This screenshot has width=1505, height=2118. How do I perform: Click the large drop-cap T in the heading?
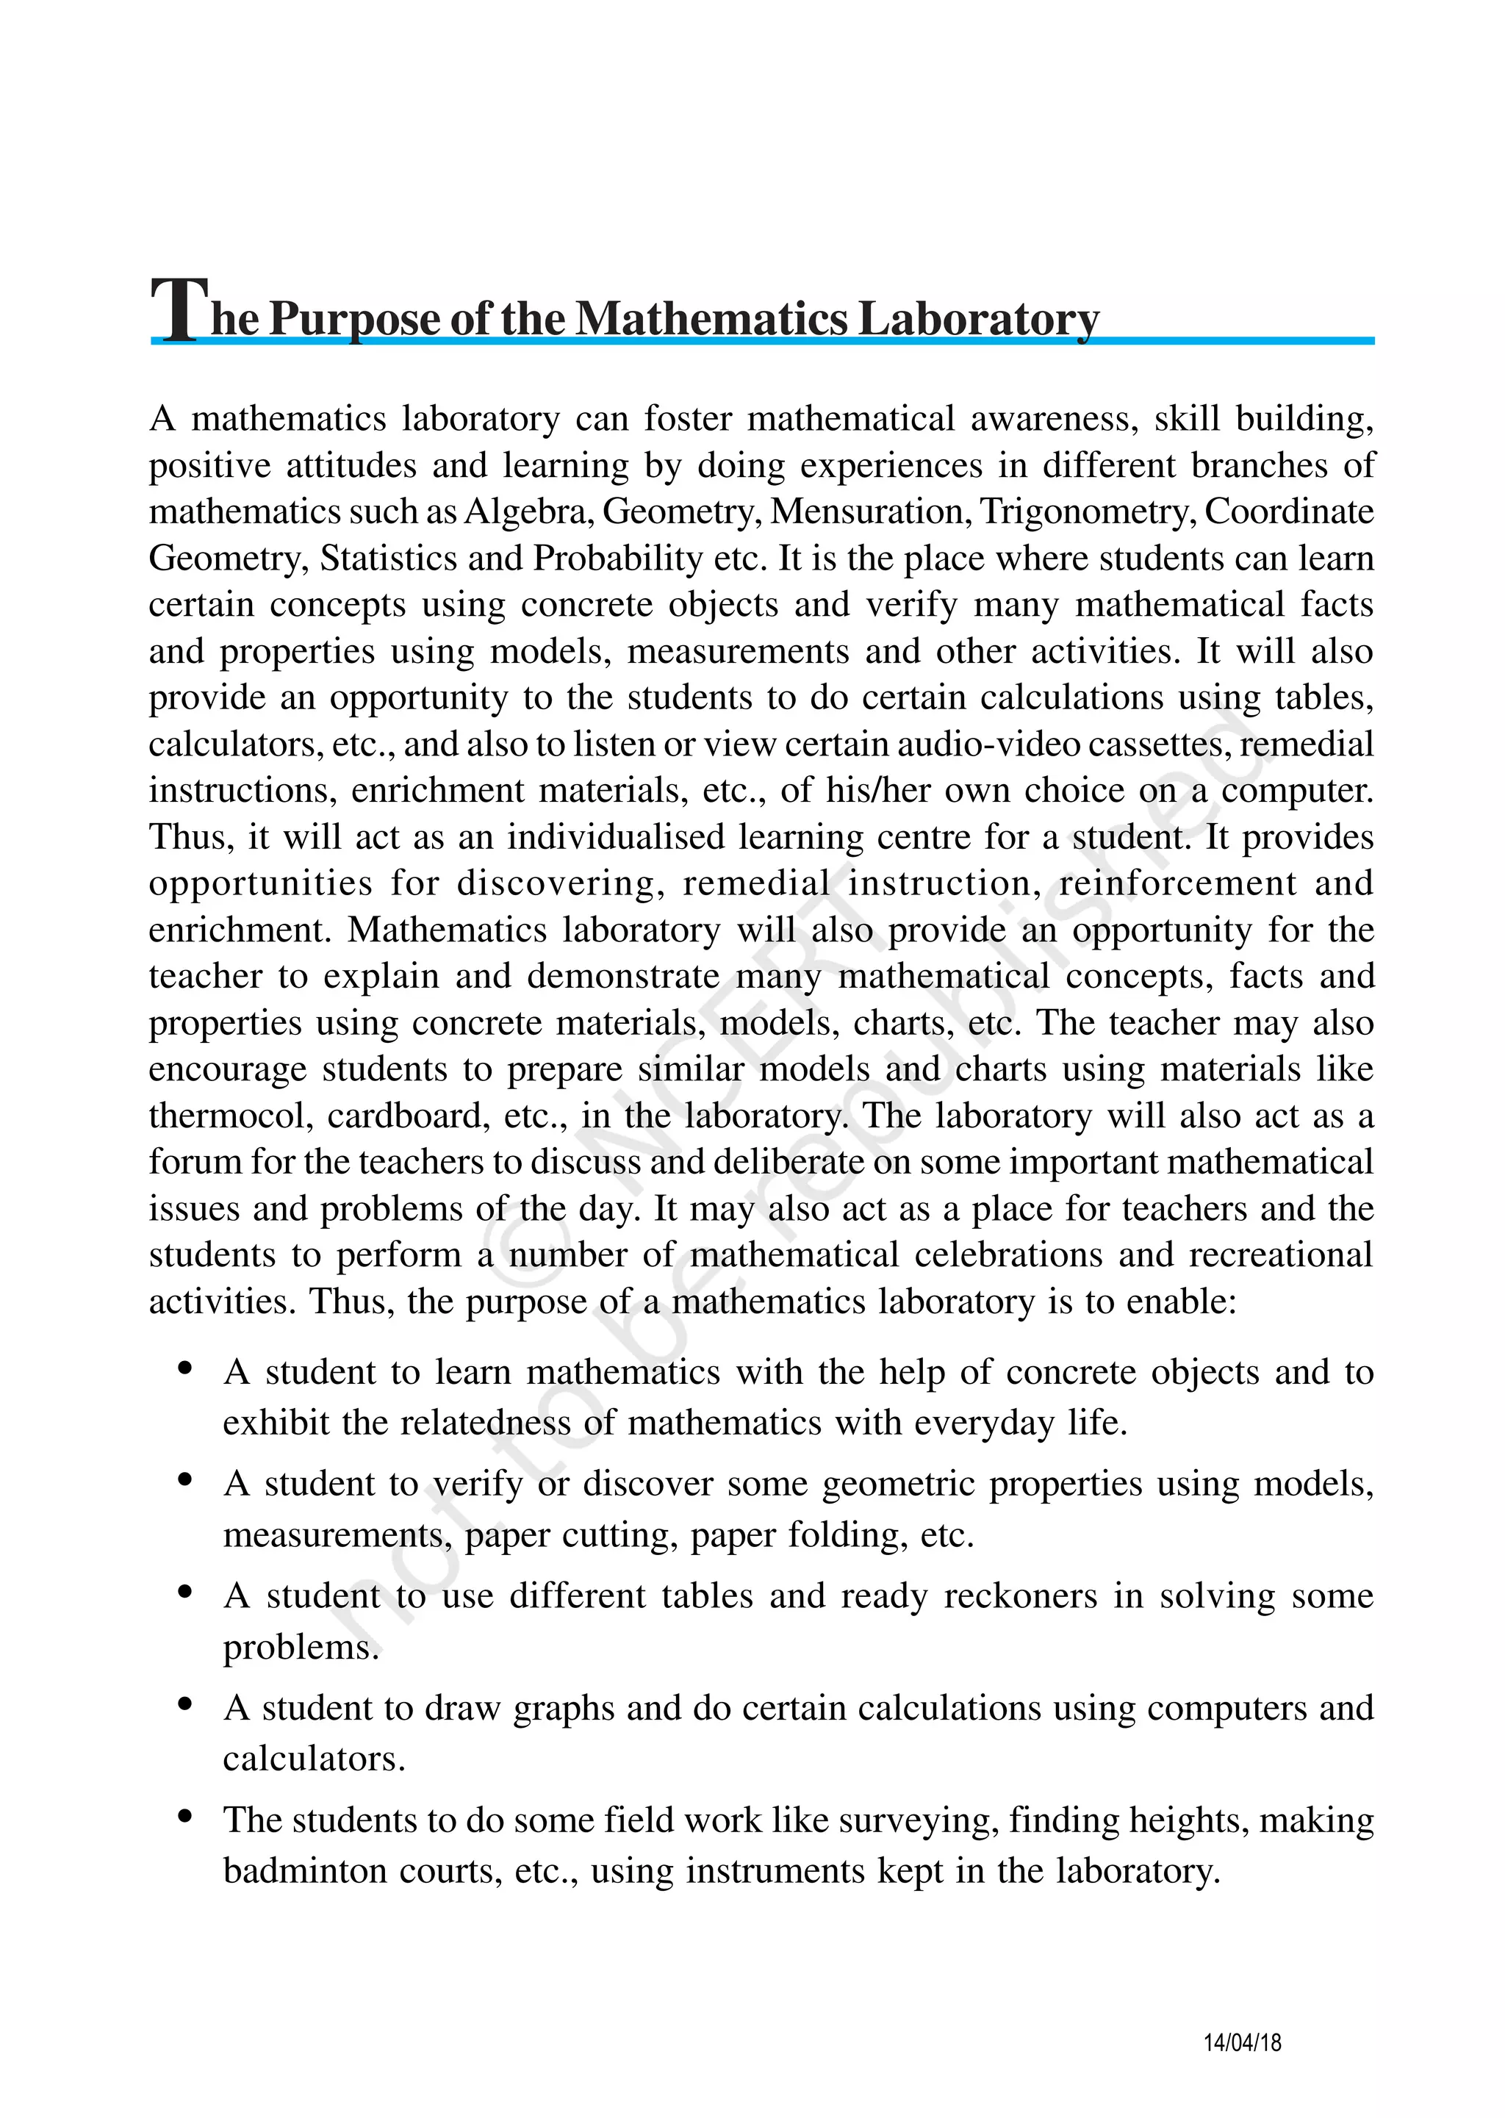click(179, 309)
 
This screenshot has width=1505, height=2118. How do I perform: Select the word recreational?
click(1281, 1254)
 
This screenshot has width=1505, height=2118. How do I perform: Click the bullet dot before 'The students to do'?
click(185, 1817)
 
